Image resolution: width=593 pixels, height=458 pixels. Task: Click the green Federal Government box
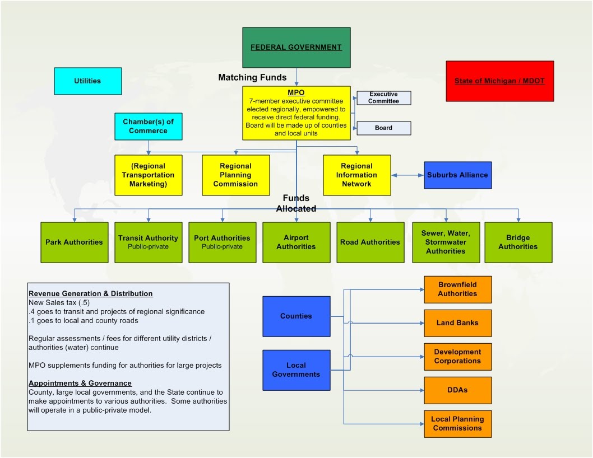296,48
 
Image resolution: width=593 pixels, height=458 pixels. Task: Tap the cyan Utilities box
87,81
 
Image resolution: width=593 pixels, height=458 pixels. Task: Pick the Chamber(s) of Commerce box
149,126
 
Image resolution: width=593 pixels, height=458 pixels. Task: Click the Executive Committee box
384,98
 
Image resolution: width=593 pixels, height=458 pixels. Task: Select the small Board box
384,128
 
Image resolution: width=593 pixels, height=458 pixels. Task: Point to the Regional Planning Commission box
236,175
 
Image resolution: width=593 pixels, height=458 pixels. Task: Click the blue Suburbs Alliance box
457,175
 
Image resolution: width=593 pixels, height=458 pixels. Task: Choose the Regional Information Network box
357,175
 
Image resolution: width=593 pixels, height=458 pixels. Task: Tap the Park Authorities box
74,242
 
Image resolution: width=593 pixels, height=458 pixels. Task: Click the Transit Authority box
148,242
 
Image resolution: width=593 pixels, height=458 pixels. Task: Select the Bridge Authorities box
518,242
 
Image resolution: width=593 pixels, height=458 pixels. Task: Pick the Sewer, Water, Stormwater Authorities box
446,242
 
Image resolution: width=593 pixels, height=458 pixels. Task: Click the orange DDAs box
457,390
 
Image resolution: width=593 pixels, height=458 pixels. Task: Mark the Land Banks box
457,323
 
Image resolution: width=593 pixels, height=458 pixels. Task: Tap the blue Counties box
296,316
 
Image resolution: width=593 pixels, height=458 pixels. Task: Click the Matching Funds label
252,78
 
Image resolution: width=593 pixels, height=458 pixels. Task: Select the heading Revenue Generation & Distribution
91,293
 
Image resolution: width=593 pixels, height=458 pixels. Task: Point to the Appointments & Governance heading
80,384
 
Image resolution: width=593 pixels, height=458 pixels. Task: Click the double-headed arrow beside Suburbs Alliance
407,175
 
